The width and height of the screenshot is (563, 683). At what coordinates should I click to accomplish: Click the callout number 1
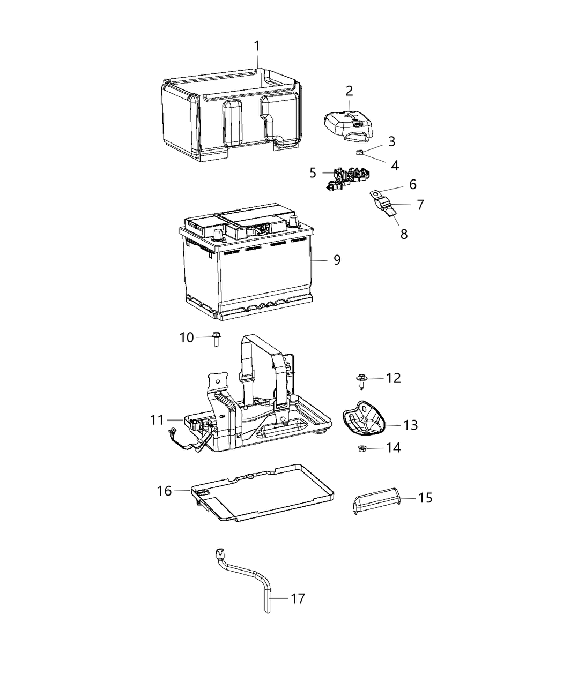click(x=257, y=46)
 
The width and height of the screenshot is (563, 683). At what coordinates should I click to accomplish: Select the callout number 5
click(x=313, y=172)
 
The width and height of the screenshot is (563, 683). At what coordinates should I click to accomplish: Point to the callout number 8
click(x=404, y=234)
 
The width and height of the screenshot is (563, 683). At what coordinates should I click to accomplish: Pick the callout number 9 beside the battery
click(x=337, y=260)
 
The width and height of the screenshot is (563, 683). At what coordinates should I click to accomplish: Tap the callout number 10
click(x=186, y=337)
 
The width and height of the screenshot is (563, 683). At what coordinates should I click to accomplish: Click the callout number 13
click(x=410, y=425)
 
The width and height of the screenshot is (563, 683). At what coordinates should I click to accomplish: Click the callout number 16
click(x=165, y=490)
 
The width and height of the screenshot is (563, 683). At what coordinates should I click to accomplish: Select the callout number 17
click(x=298, y=598)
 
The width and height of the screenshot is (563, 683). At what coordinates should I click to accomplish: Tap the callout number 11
click(x=157, y=420)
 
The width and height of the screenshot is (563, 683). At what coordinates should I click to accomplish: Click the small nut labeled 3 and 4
click(x=360, y=153)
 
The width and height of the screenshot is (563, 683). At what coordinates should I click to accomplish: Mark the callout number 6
click(x=412, y=185)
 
